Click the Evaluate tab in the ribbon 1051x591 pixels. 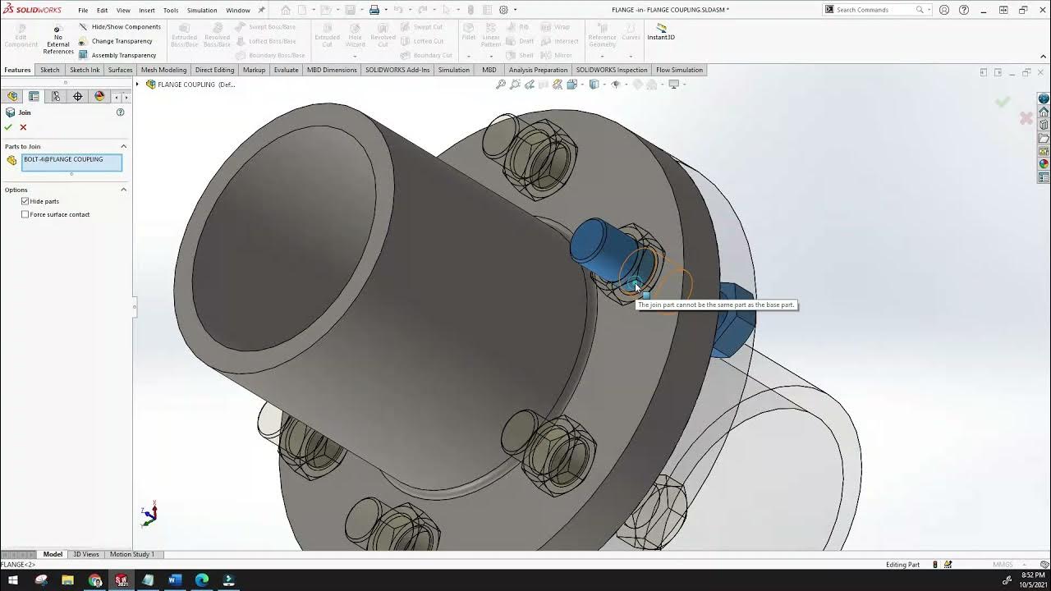286,70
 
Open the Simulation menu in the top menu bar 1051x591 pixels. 201,11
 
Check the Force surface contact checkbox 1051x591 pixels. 25,214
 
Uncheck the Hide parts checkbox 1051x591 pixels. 25,201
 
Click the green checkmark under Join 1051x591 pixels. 8,127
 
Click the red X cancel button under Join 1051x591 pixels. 23,127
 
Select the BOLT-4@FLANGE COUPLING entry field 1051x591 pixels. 71,163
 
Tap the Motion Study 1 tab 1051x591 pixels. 131,554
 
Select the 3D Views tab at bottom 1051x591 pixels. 85,554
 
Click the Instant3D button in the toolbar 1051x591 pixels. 661,32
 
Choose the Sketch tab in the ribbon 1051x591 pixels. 50,70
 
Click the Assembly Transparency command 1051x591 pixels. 123,55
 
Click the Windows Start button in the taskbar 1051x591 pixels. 13,580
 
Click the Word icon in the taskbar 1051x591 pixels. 175,580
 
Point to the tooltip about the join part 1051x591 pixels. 716,305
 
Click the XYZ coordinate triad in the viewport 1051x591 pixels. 149,515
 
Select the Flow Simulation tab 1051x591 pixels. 679,70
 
